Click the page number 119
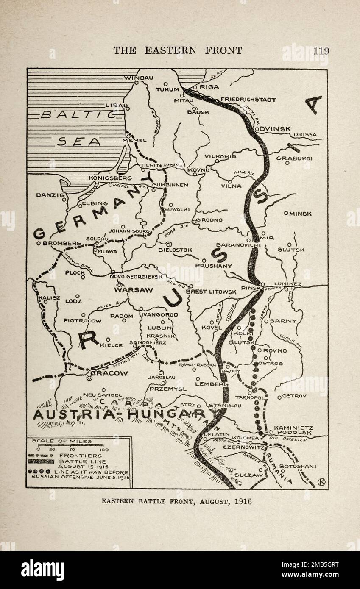321,51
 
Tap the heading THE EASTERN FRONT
178,51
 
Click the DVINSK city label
275,128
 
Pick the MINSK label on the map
300,214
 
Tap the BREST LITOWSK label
211,292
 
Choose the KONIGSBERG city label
110,178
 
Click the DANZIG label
50,195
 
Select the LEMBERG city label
211,384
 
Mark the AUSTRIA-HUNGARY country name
119,414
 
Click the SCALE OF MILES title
62,441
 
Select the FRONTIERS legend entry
81,456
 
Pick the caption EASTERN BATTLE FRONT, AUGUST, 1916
176,501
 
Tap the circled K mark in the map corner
321,481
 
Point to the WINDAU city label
138,78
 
